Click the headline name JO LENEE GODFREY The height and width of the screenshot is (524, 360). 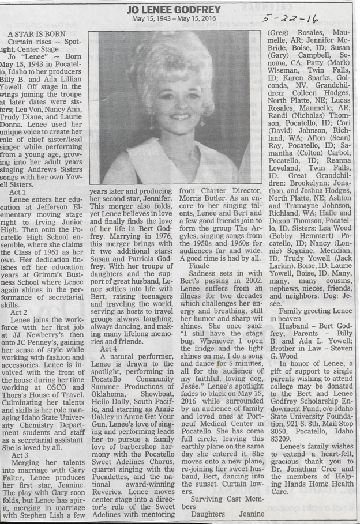tap(181, 8)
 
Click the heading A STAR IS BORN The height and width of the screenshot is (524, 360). tap(36, 35)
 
